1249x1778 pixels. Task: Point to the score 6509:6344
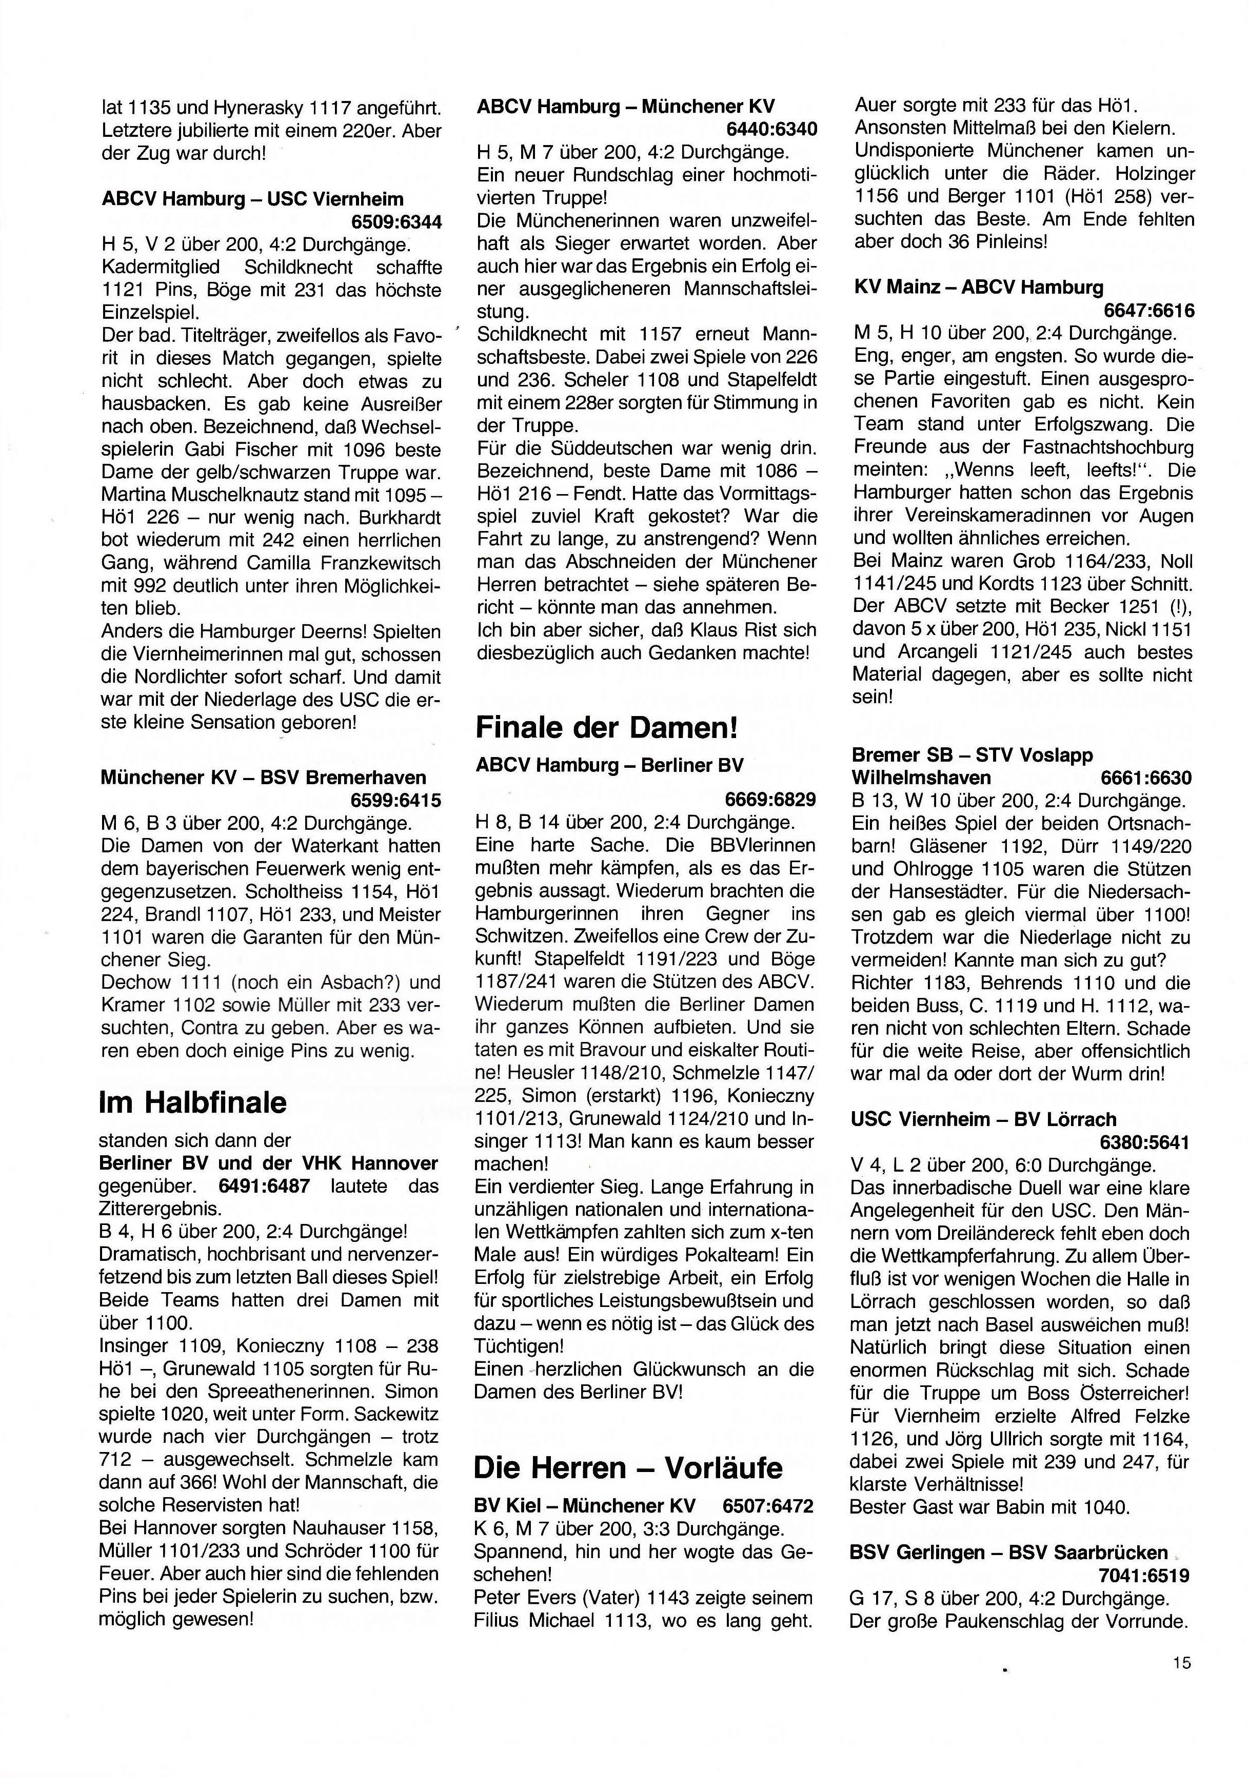click(x=396, y=222)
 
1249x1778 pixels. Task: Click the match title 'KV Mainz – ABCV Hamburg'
click(x=979, y=288)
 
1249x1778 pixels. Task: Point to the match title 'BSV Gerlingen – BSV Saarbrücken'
click(x=1008, y=1552)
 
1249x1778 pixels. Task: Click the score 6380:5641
click(x=1144, y=1142)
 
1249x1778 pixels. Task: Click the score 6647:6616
click(x=1149, y=311)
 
